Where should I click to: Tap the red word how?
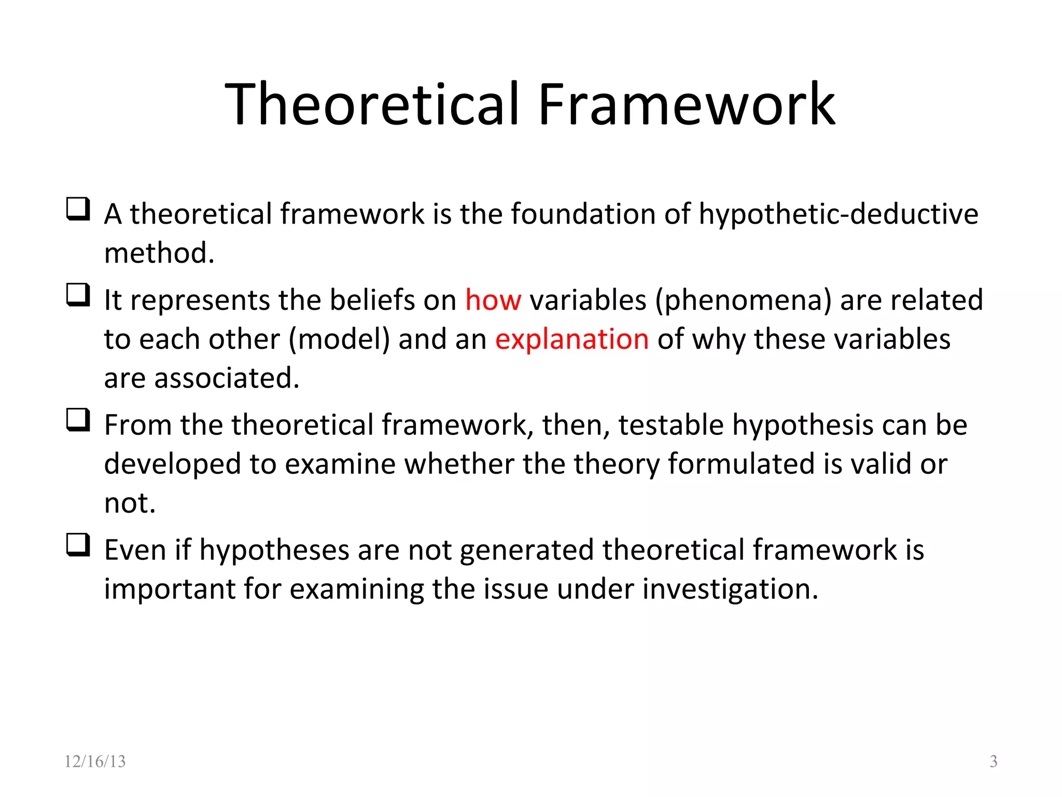click(493, 300)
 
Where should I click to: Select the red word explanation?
click(572, 339)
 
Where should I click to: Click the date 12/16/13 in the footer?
click(95, 761)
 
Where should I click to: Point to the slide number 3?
click(994, 761)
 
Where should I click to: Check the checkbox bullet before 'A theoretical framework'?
click(78, 209)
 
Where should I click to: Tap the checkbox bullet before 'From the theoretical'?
click(78, 420)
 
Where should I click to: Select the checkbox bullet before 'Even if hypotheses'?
click(78, 545)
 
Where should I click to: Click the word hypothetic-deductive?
click(839, 214)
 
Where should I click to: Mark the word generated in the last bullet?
click(527, 551)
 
